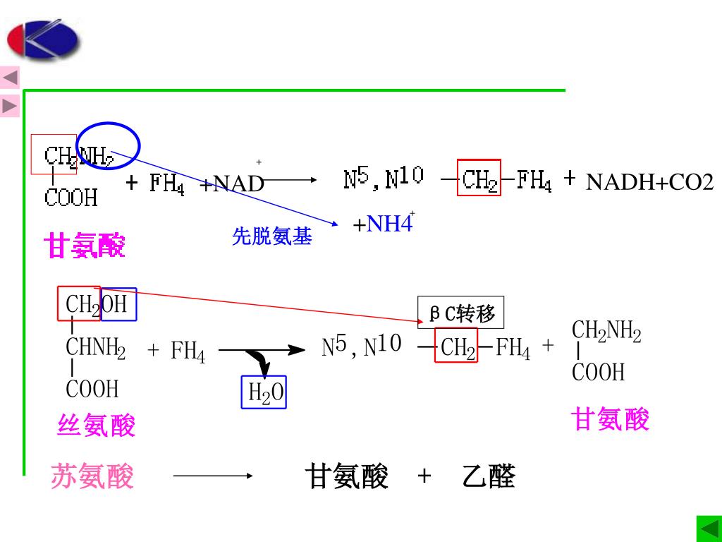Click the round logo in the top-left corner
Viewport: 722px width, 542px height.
coord(43,40)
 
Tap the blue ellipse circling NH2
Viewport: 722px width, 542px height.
coord(109,146)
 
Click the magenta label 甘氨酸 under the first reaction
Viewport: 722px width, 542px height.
coord(84,246)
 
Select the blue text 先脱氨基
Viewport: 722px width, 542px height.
coord(271,237)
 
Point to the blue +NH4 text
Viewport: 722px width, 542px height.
coord(382,224)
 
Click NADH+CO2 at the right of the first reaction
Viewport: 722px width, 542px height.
coord(649,183)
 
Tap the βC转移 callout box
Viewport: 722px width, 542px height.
coord(462,313)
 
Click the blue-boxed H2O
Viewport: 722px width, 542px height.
coord(264,392)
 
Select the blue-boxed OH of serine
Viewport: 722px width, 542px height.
coord(119,304)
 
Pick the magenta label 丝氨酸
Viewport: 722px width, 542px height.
coord(95,426)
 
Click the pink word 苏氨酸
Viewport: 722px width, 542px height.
coord(92,476)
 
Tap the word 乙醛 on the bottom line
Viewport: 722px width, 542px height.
coord(489,477)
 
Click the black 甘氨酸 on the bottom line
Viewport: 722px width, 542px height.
coord(347,477)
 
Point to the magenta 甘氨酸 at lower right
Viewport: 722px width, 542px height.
coord(610,419)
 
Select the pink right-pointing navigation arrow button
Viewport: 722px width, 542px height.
coord(10,106)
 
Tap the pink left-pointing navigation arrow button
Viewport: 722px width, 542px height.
coord(10,78)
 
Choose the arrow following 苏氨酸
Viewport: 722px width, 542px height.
coord(213,476)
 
